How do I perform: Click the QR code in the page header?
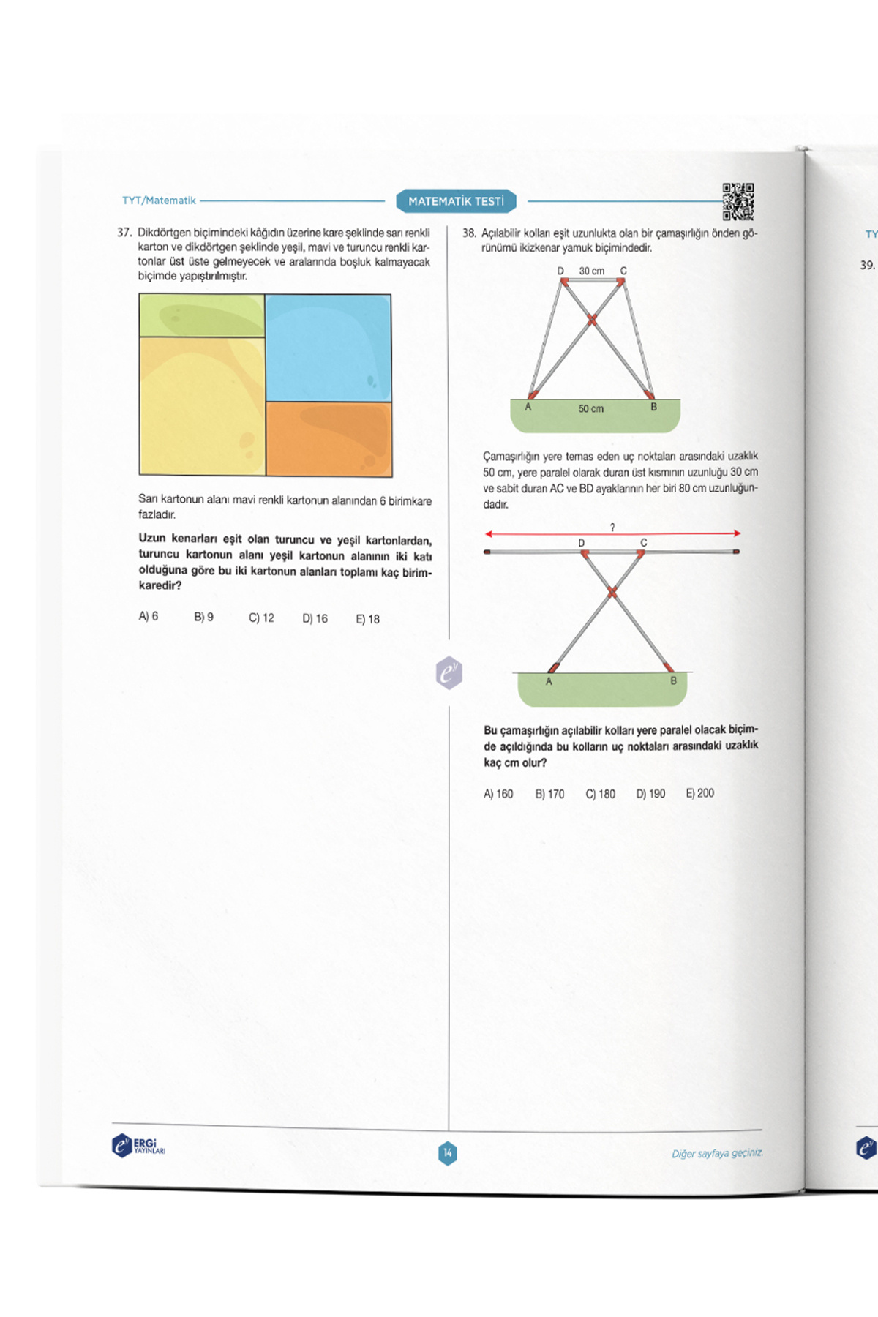(738, 201)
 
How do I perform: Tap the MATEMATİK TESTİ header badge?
(456, 201)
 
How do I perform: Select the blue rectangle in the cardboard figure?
(328, 348)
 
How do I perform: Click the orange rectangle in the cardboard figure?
(329, 439)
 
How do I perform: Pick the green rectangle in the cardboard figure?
(201, 315)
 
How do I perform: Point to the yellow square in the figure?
(201, 406)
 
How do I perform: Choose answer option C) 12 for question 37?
(261, 618)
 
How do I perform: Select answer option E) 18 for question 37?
(367, 619)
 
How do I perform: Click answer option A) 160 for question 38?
(498, 794)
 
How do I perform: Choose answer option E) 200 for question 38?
(699, 793)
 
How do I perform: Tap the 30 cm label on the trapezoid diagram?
(592, 271)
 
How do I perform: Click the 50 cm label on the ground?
(591, 409)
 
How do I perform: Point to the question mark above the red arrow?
(612, 527)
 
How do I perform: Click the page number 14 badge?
(448, 1153)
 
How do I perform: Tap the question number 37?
(124, 233)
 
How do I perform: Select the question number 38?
(469, 233)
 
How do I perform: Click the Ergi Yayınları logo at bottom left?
(138, 1145)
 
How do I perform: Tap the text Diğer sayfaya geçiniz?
(717, 1154)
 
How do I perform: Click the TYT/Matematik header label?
(159, 200)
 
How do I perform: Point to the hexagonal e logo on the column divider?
(449, 672)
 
